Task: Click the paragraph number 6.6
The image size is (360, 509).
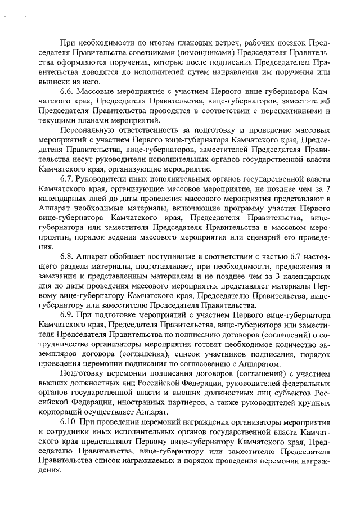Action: coord(67,91)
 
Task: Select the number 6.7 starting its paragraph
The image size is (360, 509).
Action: coord(67,178)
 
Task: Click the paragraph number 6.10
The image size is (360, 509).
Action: coord(70,421)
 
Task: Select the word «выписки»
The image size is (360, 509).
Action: coord(55,82)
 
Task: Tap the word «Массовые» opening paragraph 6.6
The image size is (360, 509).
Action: coord(96,91)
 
